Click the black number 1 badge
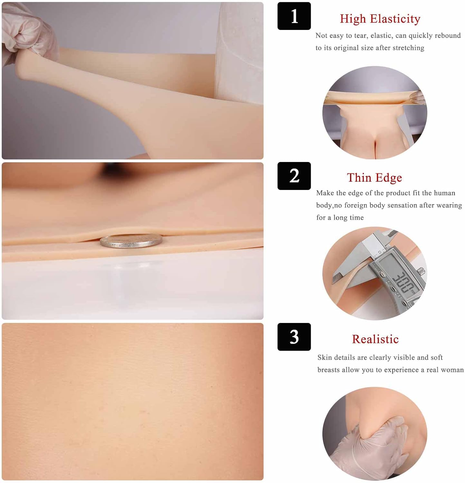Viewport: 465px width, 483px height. point(294,16)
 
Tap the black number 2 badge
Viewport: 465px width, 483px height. point(294,176)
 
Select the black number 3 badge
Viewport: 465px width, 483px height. point(294,337)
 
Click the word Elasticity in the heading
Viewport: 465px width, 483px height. point(395,19)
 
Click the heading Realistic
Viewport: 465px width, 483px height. point(375,339)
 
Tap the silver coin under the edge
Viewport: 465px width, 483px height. point(131,241)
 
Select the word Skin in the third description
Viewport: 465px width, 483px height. point(325,357)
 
